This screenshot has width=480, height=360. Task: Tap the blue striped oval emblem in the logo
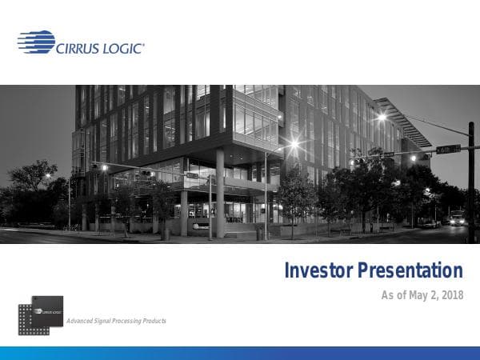36,42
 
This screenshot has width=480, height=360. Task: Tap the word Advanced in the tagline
82,321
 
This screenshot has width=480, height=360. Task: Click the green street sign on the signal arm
449,148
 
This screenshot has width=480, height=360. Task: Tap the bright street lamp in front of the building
294,145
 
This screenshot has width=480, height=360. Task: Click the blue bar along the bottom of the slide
240,353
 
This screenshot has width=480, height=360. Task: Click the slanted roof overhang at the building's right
404,122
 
